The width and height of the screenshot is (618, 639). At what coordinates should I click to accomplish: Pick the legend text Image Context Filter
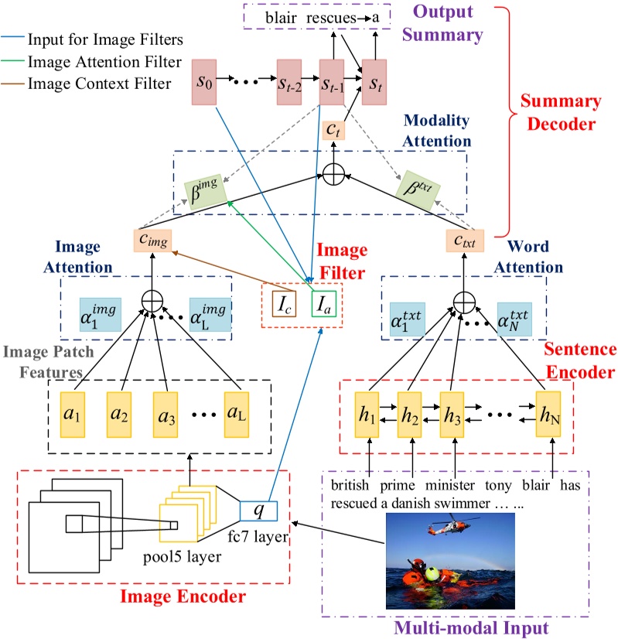98,84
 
